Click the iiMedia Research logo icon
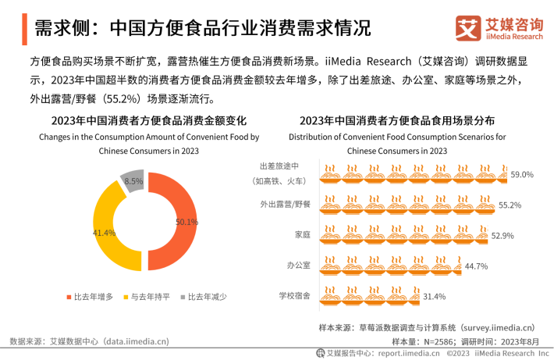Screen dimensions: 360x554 click(468, 30)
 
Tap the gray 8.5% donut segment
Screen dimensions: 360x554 click(133, 180)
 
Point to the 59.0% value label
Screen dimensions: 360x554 click(521, 175)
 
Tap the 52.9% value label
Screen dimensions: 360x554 click(502, 235)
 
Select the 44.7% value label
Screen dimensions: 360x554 click(476, 266)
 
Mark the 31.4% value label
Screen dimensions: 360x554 click(434, 297)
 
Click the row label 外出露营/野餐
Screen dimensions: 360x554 click(285, 205)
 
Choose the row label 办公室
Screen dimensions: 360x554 click(298, 266)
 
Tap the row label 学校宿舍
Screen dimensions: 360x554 click(295, 296)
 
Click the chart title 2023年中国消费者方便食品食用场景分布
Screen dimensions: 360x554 click(397, 121)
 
